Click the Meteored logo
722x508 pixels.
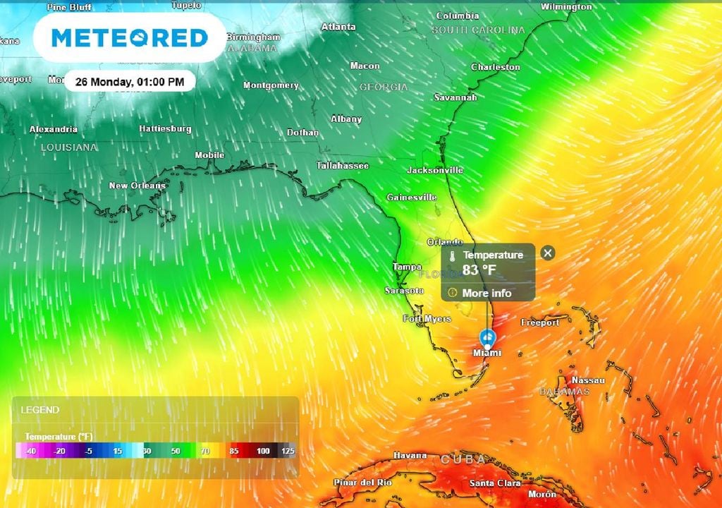pyautogui.click(x=130, y=37)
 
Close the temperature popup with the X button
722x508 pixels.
pyautogui.click(x=548, y=253)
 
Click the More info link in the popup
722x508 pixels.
pyautogui.click(x=487, y=293)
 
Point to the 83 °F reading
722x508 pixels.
pyautogui.click(x=479, y=270)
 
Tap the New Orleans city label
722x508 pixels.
pyautogui.click(x=137, y=186)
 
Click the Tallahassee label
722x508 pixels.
pyautogui.click(x=343, y=165)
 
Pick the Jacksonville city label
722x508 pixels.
pyautogui.click(x=435, y=170)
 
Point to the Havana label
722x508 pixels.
pyautogui.click(x=410, y=455)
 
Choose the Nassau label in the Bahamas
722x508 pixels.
pyautogui.click(x=588, y=380)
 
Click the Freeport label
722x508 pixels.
pyautogui.click(x=540, y=322)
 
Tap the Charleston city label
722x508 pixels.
pyautogui.click(x=496, y=67)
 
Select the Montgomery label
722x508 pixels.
pyautogui.click(x=271, y=85)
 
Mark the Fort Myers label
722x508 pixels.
pyautogui.click(x=427, y=319)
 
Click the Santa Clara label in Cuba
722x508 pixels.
pyautogui.click(x=495, y=483)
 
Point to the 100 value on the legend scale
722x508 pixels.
pyautogui.click(x=263, y=451)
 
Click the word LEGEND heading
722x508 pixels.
pyautogui.click(x=40, y=410)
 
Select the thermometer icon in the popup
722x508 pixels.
pyautogui.click(x=453, y=255)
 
